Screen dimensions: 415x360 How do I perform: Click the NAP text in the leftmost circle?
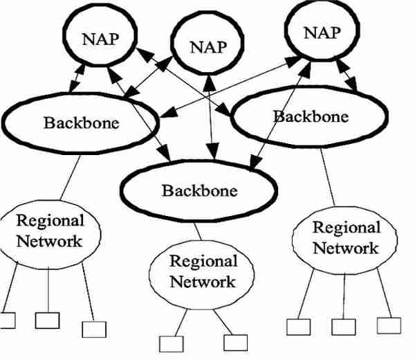click(x=100, y=39)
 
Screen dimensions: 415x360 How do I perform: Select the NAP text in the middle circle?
click(x=209, y=47)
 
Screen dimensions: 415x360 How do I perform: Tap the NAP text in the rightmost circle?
click(x=322, y=33)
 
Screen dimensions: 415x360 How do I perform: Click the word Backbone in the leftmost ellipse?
click(x=82, y=123)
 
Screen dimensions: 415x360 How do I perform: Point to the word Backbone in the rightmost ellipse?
click(x=311, y=116)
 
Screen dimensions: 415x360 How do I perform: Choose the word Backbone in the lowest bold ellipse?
click(x=200, y=190)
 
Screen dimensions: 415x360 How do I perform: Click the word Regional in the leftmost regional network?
click(x=50, y=221)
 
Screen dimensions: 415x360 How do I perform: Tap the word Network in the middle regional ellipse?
click(x=203, y=282)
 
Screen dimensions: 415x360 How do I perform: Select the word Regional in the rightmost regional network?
click(x=347, y=228)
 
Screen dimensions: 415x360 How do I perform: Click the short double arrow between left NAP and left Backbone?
click(x=77, y=78)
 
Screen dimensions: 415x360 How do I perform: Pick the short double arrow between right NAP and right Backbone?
click(x=347, y=75)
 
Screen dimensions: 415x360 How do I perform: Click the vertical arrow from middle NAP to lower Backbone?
click(x=211, y=118)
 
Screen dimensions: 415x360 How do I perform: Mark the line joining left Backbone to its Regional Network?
click(x=71, y=177)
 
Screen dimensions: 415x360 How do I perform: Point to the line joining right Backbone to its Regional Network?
click(x=328, y=177)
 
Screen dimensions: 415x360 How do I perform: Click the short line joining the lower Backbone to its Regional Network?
click(x=198, y=231)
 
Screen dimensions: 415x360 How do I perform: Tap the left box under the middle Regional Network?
click(x=172, y=344)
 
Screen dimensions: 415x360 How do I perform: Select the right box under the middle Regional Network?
click(x=236, y=343)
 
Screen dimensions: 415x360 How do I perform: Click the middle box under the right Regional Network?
click(x=344, y=327)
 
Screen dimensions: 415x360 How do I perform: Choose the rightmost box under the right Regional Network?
click(x=389, y=325)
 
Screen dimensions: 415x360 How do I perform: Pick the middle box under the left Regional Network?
click(x=47, y=321)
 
